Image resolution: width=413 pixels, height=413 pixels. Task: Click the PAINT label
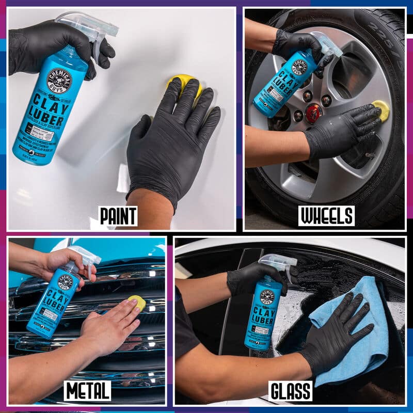point(118,216)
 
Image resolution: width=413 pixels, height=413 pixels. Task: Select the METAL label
point(87,391)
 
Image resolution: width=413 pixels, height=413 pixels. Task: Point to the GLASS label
point(290,391)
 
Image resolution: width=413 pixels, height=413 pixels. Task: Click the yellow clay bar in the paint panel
point(184,85)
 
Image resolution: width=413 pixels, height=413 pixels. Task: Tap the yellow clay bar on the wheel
point(382,109)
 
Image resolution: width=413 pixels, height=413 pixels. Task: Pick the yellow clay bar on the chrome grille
point(137,303)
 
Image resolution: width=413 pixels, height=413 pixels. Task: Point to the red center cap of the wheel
point(313,113)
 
